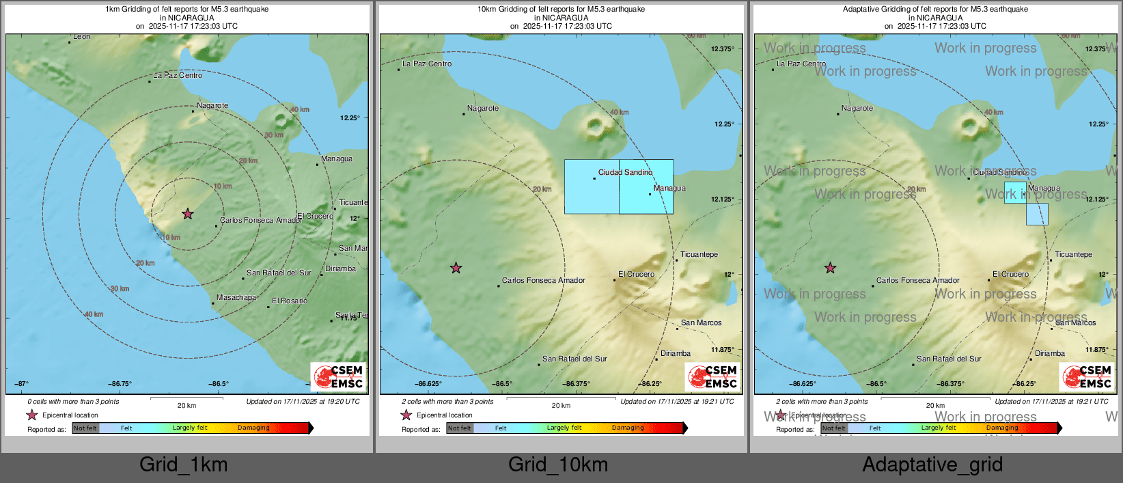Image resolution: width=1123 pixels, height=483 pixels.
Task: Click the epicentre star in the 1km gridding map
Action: coord(188,214)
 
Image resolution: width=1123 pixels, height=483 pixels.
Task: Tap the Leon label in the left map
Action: coord(81,37)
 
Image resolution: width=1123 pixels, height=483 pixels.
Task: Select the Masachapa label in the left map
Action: coord(236,298)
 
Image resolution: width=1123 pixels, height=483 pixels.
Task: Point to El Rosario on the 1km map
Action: coord(290,301)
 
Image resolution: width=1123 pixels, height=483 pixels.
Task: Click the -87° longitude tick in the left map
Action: coord(22,384)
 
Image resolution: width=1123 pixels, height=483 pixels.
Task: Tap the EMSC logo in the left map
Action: coord(338,376)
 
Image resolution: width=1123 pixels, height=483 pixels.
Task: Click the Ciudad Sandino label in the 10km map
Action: coord(625,173)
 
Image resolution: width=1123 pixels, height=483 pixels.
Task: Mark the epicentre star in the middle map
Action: coord(456,268)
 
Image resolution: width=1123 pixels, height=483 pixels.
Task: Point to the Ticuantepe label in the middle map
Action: coord(699,255)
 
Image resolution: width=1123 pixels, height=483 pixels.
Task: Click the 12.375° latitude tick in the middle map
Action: coord(722,49)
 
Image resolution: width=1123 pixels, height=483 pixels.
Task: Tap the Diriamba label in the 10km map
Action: coord(676,354)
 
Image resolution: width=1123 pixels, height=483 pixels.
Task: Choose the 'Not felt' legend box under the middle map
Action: coord(460,428)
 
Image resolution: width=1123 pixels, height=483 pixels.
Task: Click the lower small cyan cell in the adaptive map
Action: coord(1037,214)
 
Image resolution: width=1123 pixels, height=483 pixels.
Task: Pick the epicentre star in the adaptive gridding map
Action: coord(830,268)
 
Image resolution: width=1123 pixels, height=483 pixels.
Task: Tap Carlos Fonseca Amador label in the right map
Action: coord(917,281)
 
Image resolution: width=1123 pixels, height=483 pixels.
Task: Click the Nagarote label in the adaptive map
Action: coord(857,109)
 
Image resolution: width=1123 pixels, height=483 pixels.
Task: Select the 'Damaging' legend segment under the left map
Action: coord(253,428)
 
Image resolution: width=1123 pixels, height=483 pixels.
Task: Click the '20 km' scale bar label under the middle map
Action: coord(561,406)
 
